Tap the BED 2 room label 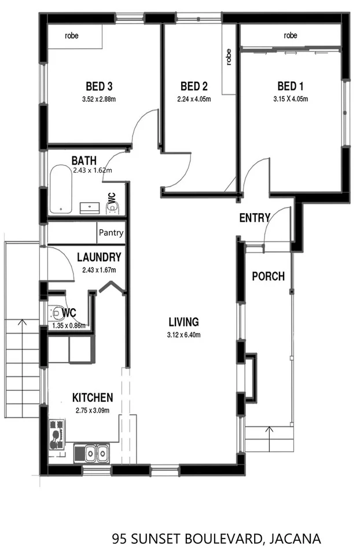[x=194, y=86]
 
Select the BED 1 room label [x=290, y=86]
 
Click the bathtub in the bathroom [x=61, y=189]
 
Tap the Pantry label [x=111, y=233]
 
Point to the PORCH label [x=268, y=276]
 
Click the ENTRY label [x=255, y=218]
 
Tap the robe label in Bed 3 [x=72, y=35]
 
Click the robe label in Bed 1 [x=291, y=35]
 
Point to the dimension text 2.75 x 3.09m [x=93, y=411]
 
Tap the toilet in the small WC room [x=57, y=314]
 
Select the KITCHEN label [x=93, y=398]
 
